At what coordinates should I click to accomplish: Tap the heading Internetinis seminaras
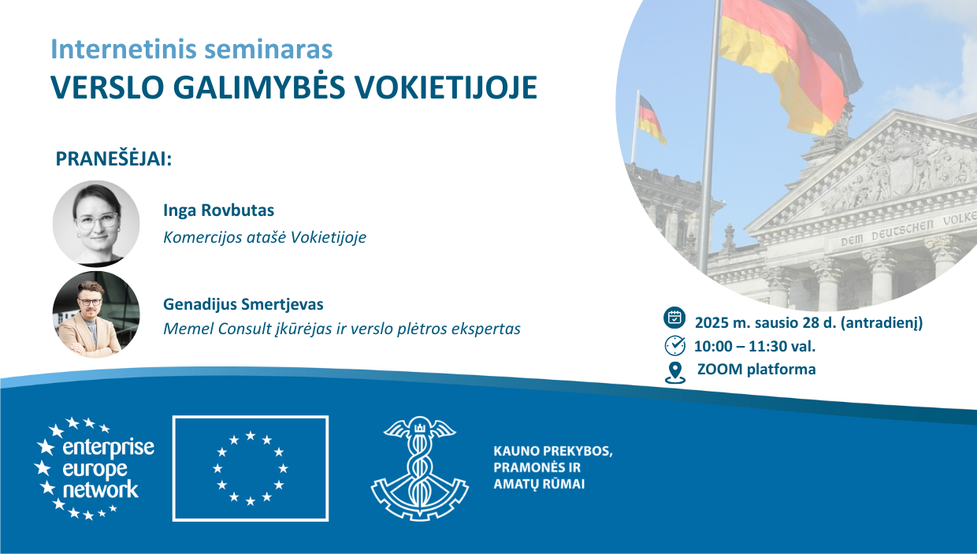point(191,49)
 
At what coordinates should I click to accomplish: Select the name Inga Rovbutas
point(218,210)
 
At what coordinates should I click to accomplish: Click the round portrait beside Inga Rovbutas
point(96,223)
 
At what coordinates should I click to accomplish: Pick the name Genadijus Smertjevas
point(243,304)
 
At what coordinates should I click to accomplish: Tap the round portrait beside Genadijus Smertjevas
point(96,314)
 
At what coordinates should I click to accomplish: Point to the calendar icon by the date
point(674,317)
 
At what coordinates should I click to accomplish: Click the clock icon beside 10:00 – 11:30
point(674,345)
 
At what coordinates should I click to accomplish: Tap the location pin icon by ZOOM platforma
point(674,373)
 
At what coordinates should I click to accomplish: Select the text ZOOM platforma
point(756,369)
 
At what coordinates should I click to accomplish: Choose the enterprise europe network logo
point(95,469)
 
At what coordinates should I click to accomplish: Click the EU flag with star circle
point(251,469)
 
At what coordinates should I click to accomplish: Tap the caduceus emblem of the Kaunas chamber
point(420,468)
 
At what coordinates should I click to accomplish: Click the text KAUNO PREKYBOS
point(553,451)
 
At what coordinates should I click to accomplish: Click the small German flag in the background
point(651,119)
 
